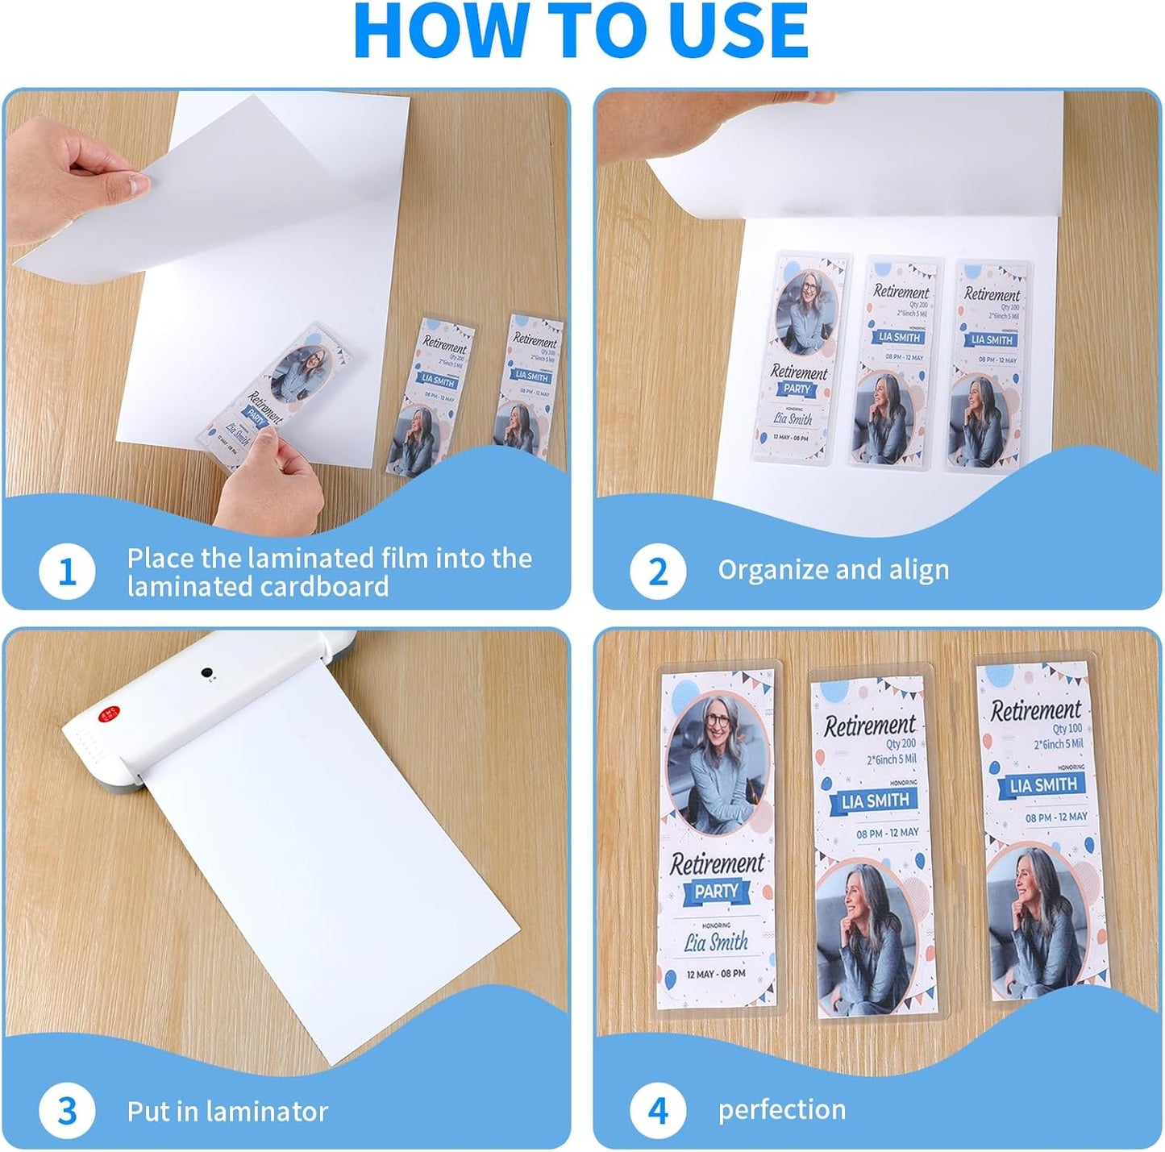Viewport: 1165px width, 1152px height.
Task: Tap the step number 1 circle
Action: pos(67,572)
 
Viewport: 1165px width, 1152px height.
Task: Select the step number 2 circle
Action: pos(658,572)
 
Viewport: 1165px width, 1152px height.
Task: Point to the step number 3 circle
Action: pos(67,1111)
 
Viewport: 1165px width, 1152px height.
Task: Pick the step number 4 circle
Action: pos(658,1110)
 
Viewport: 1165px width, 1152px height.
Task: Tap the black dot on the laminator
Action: pos(207,672)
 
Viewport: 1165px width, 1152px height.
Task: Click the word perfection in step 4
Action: pos(781,1110)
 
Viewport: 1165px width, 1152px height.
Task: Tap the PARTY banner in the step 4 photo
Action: pos(716,892)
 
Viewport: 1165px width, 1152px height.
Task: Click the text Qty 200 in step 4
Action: pos(901,743)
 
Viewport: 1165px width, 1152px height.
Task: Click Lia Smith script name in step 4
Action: pos(716,942)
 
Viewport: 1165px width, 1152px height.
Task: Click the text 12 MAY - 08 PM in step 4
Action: pos(716,974)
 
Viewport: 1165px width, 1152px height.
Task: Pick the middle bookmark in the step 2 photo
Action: pos(893,362)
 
